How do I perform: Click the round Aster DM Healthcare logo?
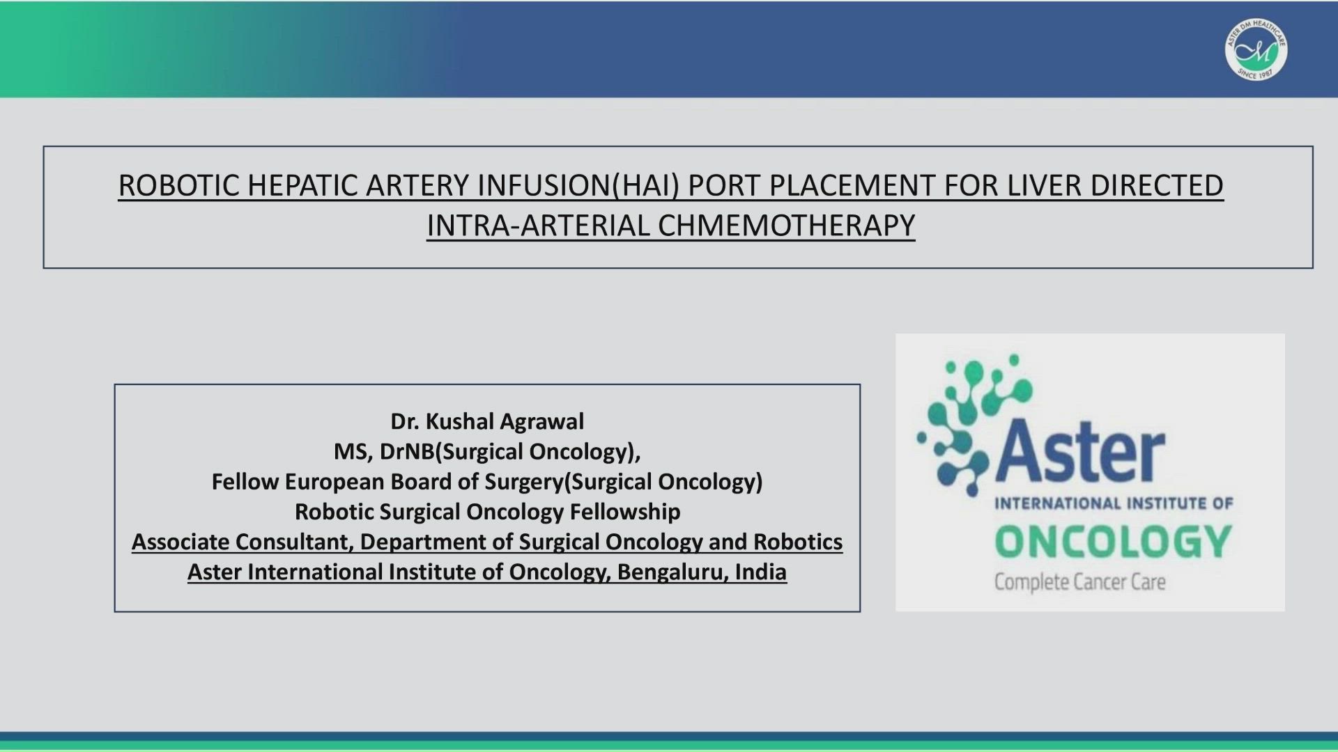point(1256,49)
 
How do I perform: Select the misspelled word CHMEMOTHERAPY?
point(786,226)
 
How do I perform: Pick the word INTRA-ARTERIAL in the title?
point(538,226)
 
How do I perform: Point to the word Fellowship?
point(625,512)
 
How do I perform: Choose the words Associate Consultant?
point(243,542)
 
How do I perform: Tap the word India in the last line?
point(761,572)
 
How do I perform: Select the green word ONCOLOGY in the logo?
point(1114,542)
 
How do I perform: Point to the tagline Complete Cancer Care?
point(1079,582)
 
